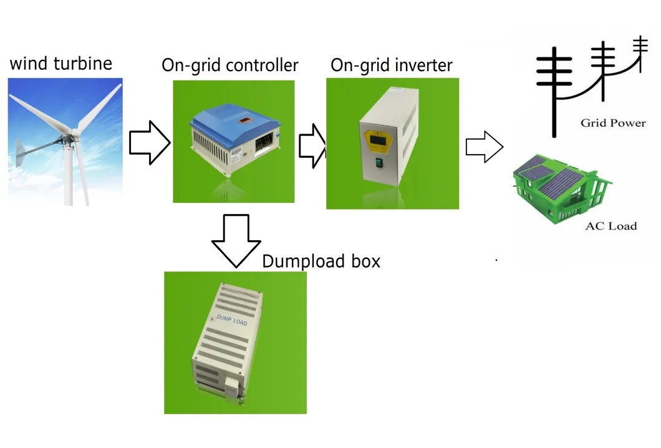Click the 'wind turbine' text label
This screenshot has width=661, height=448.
coord(61,63)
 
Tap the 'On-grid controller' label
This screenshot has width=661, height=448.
coord(230,65)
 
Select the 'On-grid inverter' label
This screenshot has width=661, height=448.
coord(392,65)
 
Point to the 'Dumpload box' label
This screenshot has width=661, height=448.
coord(321,261)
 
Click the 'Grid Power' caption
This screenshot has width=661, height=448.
coord(613,123)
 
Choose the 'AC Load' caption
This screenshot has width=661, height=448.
coord(610,226)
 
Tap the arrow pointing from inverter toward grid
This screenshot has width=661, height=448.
coord(485,148)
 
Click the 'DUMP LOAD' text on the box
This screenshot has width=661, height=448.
coord(233,321)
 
